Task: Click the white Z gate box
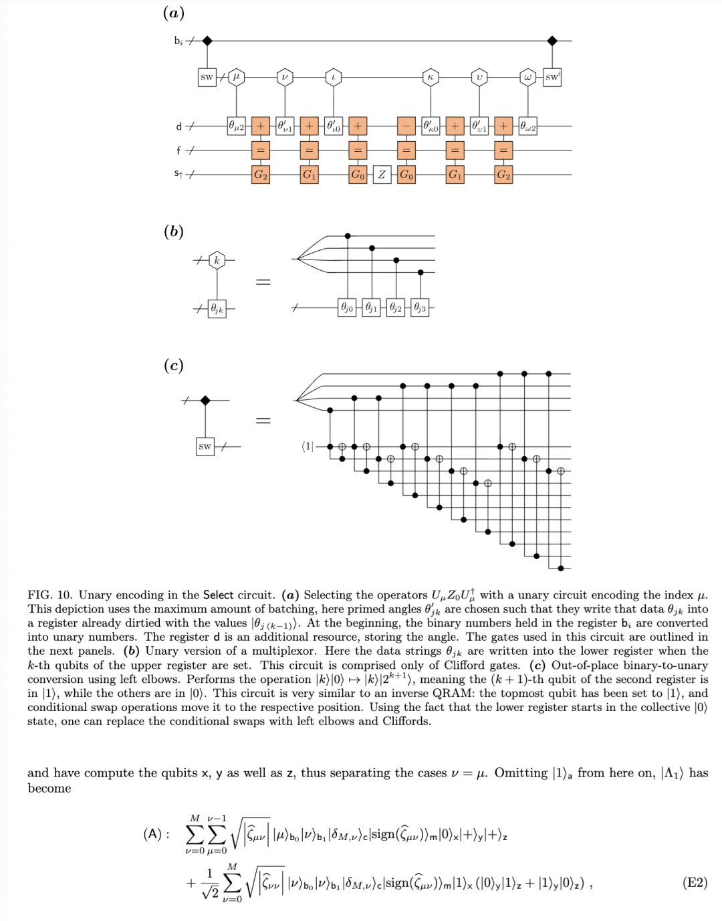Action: tap(382, 175)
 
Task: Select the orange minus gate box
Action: tap(406, 126)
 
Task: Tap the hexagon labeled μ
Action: tap(236, 77)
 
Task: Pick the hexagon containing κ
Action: tap(431, 77)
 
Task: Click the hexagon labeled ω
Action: tap(528, 77)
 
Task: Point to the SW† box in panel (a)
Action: tap(552, 77)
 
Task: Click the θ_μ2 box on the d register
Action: tap(237, 126)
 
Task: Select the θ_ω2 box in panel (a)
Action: tap(528, 126)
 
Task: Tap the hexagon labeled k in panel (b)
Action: tap(217, 260)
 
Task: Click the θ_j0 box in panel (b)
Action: tap(347, 308)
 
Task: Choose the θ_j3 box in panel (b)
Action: tap(420, 308)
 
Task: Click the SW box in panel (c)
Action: tap(205, 446)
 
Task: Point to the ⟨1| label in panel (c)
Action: tap(308, 446)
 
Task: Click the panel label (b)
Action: tap(174, 231)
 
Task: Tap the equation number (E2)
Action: tap(695, 882)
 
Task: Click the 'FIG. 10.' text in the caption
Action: tap(49, 595)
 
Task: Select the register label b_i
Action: tap(178, 41)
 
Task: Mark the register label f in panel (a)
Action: tap(178, 150)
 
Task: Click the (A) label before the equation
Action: tap(156, 834)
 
